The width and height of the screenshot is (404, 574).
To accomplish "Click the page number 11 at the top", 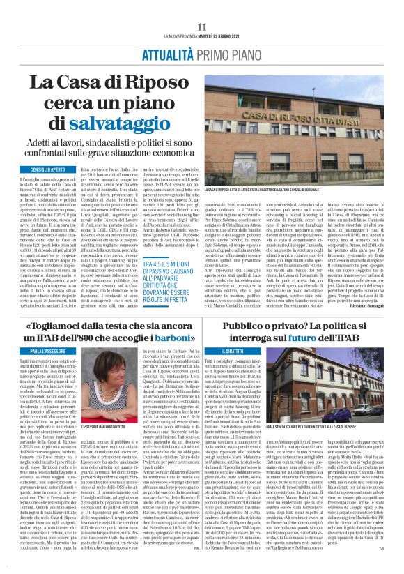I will [x=203, y=27].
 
